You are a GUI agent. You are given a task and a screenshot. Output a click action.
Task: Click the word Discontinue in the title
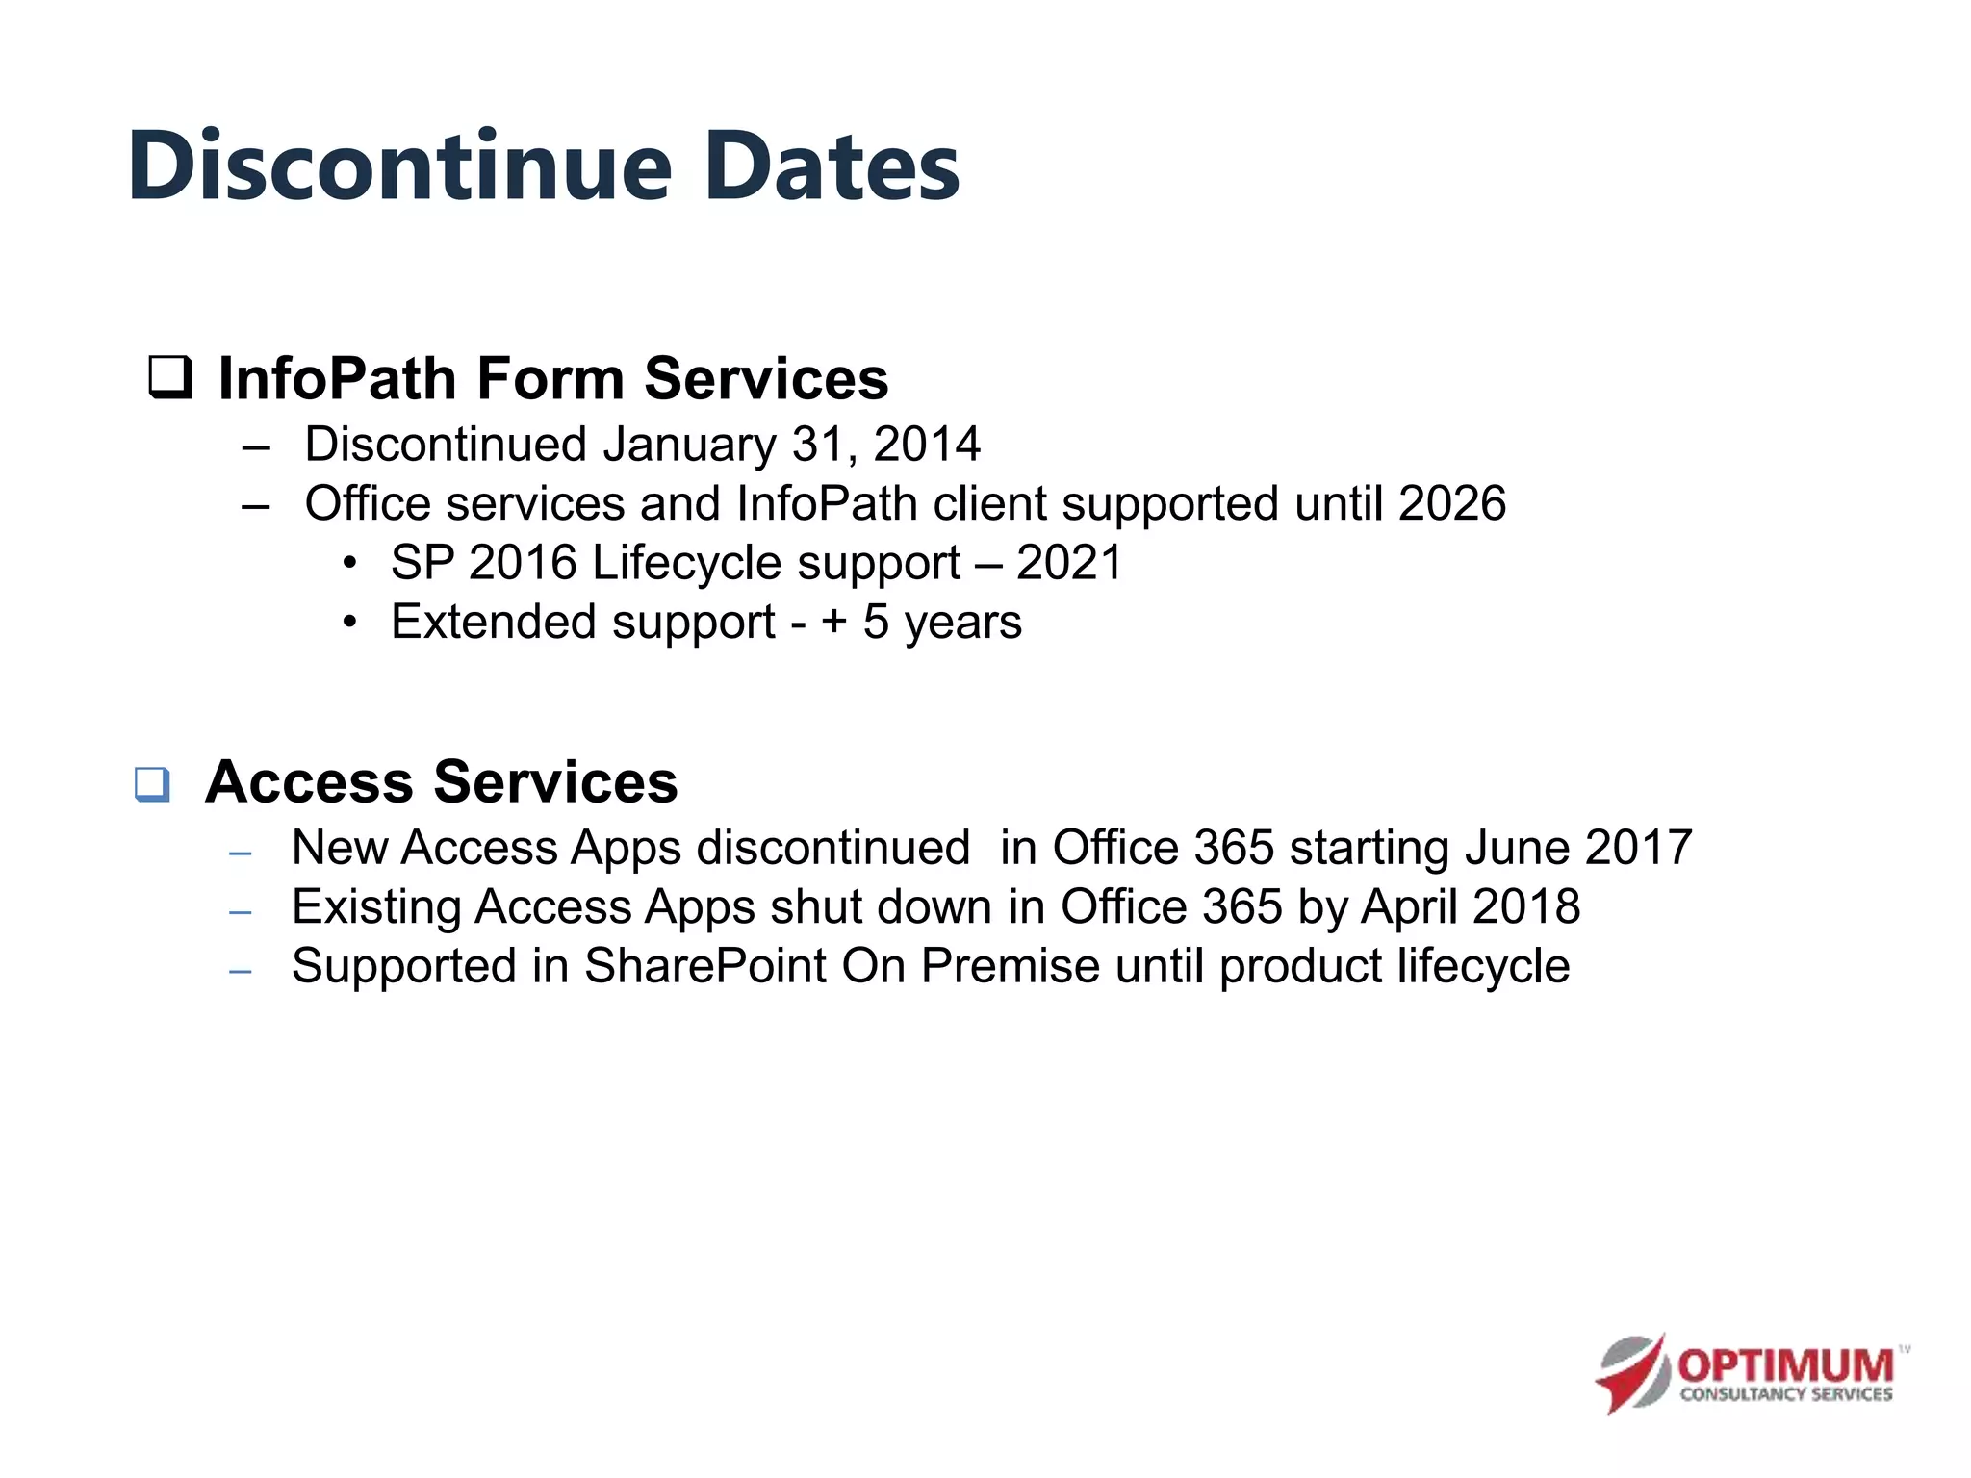pyautogui.click(x=399, y=167)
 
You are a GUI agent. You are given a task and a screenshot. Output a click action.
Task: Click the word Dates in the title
pyautogui.click(x=832, y=167)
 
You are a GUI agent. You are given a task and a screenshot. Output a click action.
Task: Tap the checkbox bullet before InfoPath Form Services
pyautogui.click(x=170, y=378)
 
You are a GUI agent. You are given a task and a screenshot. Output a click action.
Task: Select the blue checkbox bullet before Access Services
pyautogui.click(x=153, y=784)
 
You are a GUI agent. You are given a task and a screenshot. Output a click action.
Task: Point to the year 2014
pyautogui.click(x=927, y=445)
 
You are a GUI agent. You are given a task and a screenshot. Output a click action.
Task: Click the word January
pyautogui.click(x=689, y=445)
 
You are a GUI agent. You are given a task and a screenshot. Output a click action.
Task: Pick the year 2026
pyautogui.click(x=1452, y=503)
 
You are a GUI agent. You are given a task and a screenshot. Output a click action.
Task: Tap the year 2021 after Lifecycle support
pyautogui.click(x=1069, y=563)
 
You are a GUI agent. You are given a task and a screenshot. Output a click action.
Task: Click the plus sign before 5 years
pyautogui.click(x=833, y=623)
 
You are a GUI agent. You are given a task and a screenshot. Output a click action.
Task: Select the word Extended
pyautogui.click(x=493, y=623)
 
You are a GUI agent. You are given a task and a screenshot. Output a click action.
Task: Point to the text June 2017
pyautogui.click(x=1578, y=848)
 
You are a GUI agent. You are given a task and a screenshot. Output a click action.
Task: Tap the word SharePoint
pyautogui.click(x=704, y=966)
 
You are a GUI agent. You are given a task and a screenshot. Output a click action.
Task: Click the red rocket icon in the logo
pyautogui.click(x=1633, y=1374)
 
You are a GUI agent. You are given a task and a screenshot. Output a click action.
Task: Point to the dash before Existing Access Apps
pyautogui.click(x=241, y=911)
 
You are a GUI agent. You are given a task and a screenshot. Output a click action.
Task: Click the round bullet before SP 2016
pyautogui.click(x=350, y=563)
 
